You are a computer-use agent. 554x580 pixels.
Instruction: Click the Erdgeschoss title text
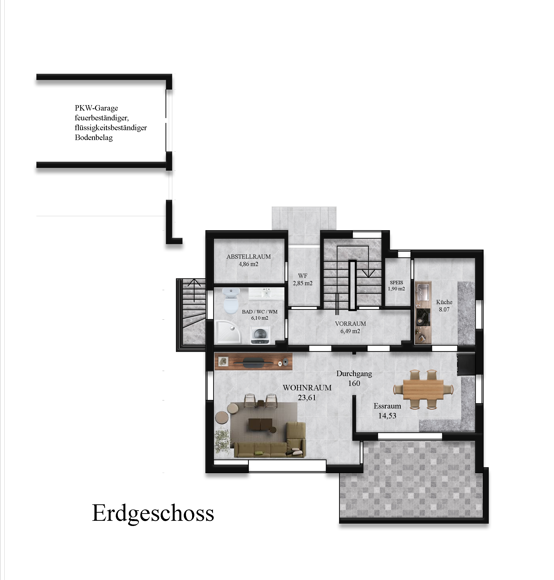point(153,513)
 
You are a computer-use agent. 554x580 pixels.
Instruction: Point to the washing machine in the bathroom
point(260,335)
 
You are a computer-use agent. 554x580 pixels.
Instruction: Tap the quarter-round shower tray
point(228,332)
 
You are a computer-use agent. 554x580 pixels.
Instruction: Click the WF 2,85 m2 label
point(303,279)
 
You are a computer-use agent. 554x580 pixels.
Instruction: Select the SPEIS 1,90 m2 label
point(396,285)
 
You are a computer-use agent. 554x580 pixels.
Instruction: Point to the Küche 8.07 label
point(444,306)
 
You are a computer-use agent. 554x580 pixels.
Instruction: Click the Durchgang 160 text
point(354,378)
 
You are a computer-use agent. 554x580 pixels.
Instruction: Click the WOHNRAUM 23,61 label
point(307,393)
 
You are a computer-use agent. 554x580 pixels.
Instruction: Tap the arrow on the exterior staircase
point(194,290)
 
